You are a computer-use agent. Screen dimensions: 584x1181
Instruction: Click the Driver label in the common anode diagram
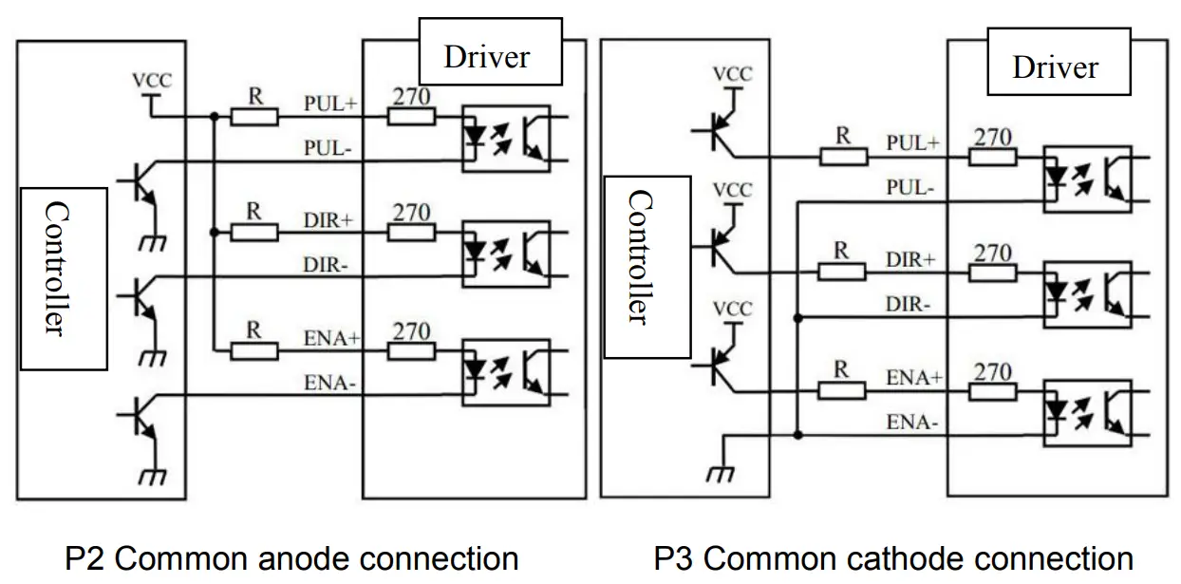pos(487,56)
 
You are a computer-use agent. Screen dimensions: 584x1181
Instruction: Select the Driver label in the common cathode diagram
pos(1056,66)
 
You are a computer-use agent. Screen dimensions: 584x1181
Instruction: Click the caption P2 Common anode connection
pos(291,558)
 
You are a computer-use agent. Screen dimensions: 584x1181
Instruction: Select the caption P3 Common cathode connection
pos(893,558)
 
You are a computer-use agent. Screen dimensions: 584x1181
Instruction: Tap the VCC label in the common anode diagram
pos(152,81)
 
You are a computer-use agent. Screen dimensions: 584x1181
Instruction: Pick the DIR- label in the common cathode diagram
pos(909,304)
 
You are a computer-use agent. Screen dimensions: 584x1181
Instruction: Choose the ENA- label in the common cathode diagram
pos(909,422)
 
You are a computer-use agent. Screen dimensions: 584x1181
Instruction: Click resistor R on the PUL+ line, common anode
pos(254,116)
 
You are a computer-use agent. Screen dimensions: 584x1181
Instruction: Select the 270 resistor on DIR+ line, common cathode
pos(992,273)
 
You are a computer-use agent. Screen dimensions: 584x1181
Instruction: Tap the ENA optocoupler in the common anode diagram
pos(506,372)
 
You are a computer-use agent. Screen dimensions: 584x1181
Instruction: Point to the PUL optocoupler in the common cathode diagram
pos(1087,178)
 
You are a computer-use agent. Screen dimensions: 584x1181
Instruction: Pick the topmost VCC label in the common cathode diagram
pos(731,74)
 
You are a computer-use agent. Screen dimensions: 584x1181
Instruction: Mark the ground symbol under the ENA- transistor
pos(151,476)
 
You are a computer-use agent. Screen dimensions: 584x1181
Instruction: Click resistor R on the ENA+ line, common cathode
pos(841,389)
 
